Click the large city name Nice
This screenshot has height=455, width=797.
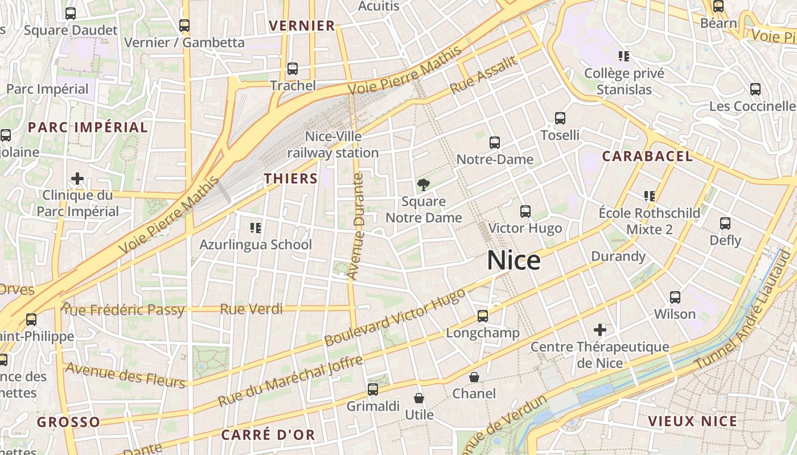pos(513,260)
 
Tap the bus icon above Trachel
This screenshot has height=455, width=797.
pos(293,69)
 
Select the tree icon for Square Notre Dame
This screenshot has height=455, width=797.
pos(423,184)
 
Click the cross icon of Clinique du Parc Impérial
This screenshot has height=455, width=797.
pos(77,179)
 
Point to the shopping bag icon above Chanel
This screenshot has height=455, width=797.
pos(474,377)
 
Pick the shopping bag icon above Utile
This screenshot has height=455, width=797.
pos(419,398)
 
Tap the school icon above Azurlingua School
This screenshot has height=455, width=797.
pos(256,228)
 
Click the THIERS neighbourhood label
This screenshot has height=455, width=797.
pos(290,179)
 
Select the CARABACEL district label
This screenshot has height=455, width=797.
pos(647,156)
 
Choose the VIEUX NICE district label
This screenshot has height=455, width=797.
pos(692,421)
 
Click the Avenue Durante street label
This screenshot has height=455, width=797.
pos(355,226)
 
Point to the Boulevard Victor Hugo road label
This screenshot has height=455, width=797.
pos(395,317)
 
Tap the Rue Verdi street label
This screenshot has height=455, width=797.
pos(251,309)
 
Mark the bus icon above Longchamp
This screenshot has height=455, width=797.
pos(483,316)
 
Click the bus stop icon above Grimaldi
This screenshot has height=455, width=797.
pos(373,390)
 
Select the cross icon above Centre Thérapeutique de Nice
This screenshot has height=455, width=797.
pos(599,330)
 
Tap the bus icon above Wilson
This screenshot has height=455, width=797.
pos(675,297)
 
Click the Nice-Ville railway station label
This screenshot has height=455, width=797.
pos(333,144)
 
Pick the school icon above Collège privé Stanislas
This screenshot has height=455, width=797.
pos(624,56)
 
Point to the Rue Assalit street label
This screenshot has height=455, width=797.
pos(483,75)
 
